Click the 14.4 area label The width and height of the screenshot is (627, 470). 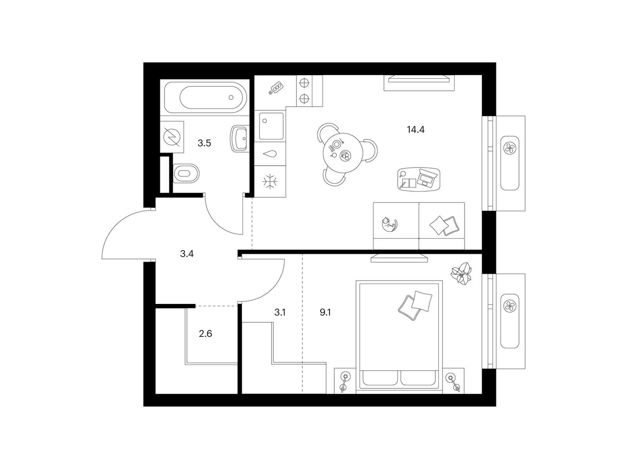point(415,130)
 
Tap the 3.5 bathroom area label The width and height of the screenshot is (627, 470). point(204,143)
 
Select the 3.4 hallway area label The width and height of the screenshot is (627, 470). point(187,253)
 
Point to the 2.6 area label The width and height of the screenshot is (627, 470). point(205,333)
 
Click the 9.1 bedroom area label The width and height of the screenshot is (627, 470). point(325,312)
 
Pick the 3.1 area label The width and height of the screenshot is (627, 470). point(280,312)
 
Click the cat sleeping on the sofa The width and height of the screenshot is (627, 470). point(389,224)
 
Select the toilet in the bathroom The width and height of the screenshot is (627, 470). point(186,173)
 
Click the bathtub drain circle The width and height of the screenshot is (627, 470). point(231,97)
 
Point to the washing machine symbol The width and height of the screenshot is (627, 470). point(172,137)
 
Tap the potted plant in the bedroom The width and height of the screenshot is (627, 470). point(461,273)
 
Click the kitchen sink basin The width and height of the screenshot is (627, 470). point(271,126)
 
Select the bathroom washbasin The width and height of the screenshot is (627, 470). point(239,138)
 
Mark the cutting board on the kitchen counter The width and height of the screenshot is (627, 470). point(276,88)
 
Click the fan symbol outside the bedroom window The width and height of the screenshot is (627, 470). point(509,306)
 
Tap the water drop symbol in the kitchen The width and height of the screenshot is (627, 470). point(270,154)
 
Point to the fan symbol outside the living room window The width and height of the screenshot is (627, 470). point(509,148)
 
